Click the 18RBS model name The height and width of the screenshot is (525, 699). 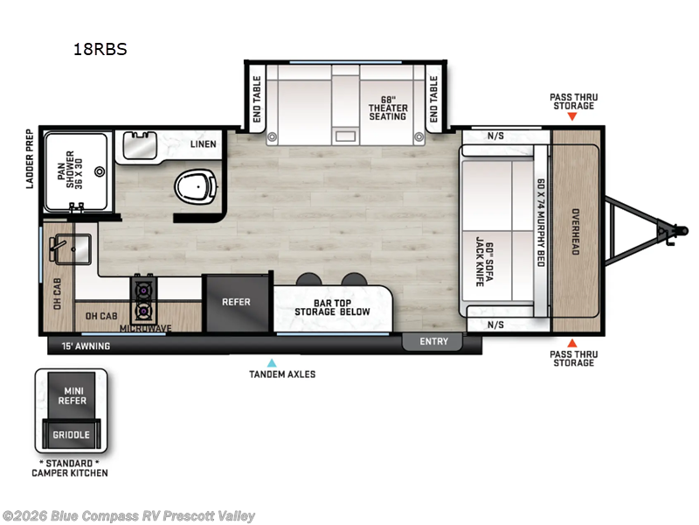pyautogui.click(x=100, y=49)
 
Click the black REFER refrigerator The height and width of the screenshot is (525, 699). pyautogui.click(x=236, y=303)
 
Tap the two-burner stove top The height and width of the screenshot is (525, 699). pyautogui.click(x=142, y=299)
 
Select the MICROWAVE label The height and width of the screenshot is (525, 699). pyautogui.click(x=145, y=328)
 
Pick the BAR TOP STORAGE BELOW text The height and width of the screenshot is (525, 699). pyautogui.click(x=332, y=306)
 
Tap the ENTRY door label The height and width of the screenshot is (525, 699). pyautogui.click(x=433, y=341)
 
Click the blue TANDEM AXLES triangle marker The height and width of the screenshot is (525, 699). pyautogui.click(x=272, y=362)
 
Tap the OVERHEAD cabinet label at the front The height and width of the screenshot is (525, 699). pyautogui.click(x=576, y=231)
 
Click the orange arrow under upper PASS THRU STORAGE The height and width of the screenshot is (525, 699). pyautogui.click(x=572, y=116)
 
